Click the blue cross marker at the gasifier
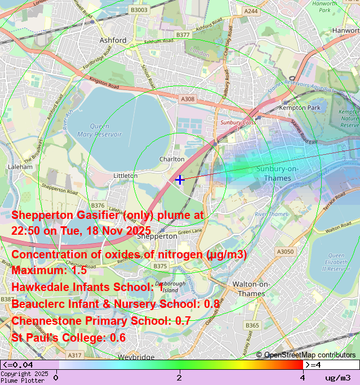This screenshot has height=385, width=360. point(179,180)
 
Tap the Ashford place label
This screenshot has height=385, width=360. point(113,41)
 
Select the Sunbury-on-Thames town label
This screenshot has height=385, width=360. point(282,173)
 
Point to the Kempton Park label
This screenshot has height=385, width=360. point(300,108)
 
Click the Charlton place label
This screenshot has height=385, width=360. point(172,159)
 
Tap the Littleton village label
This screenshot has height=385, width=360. point(126,176)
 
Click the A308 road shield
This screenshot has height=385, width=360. point(188,99)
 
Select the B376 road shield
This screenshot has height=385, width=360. point(97,205)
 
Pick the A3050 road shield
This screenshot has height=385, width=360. point(285,252)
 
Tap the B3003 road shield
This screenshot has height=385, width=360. point(139,10)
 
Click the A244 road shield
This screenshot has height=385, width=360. point(251,11)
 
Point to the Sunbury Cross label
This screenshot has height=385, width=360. point(238,122)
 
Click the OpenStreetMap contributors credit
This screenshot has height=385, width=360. point(306,355)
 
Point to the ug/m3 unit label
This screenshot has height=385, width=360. point(338,378)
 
